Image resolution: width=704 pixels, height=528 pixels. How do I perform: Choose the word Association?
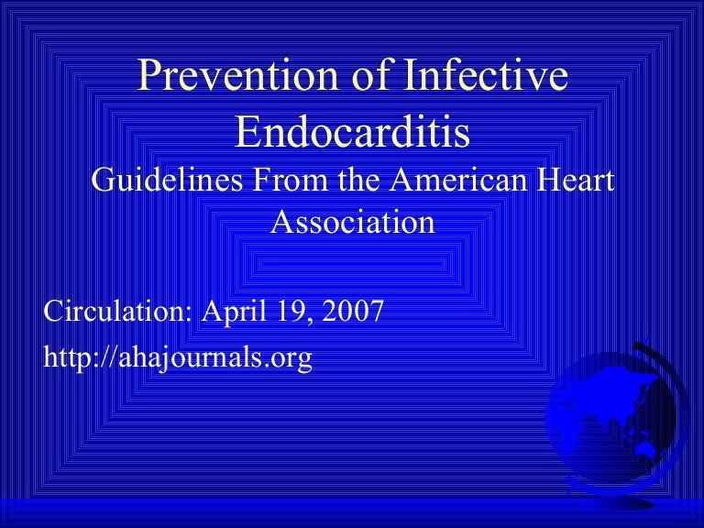353,221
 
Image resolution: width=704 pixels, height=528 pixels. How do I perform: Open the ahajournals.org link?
178,357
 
